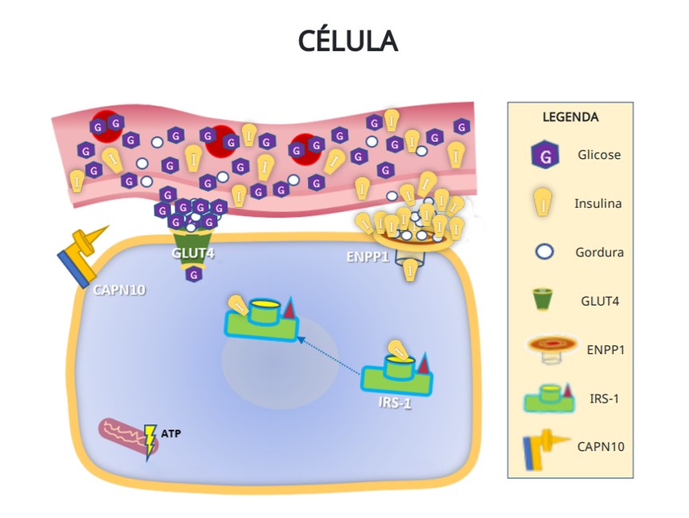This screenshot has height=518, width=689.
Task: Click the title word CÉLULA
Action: pyautogui.click(x=348, y=41)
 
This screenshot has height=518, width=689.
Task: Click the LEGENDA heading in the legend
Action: pyautogui.click(x=570, y=117)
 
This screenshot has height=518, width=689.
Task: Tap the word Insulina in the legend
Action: pyautogui.click(x=598, y=204)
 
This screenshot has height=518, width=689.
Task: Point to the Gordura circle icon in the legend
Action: pyautogui.click(x=545, y=252)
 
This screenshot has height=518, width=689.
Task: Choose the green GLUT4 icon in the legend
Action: pyautogui.click(x=545, y=301)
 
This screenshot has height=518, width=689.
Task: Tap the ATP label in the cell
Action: pyautogui.click(x=171, y=434)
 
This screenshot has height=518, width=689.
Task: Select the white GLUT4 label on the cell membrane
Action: pyautogui.click(x=193, y=253)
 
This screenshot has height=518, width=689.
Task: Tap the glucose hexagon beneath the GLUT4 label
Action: pyautogui.click(x=193, y=275)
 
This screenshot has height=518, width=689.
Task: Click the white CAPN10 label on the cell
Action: pyautogui.click(x=119, y=290)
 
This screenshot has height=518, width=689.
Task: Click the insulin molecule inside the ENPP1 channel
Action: pyautogui.click(x=411, y=269)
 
